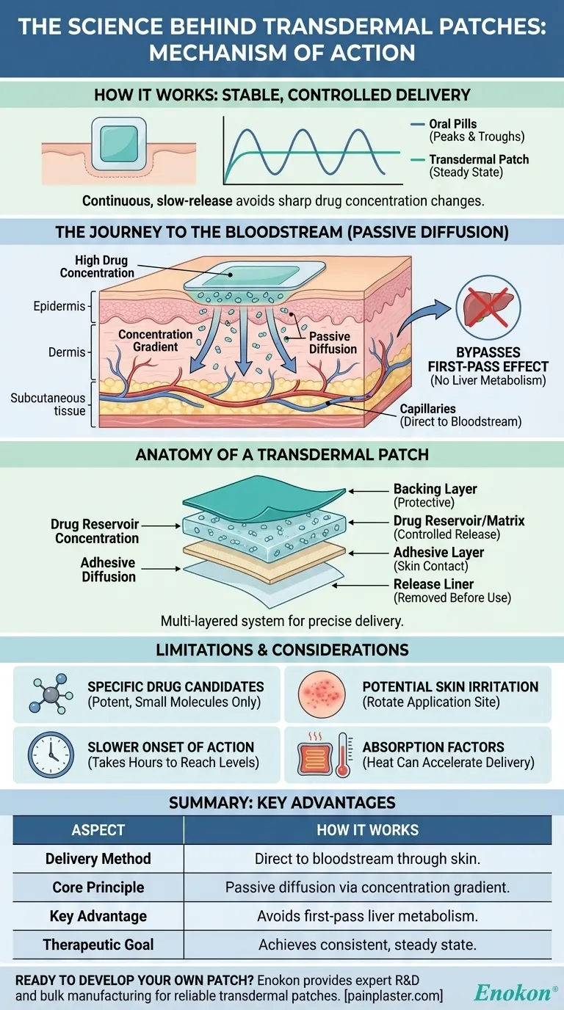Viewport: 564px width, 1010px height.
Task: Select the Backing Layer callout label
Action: point(435,495)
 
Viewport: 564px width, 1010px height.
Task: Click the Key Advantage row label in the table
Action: point(98,915)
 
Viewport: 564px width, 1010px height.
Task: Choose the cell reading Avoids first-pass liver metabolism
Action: point(367,915)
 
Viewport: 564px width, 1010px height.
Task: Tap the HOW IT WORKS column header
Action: point(367,830)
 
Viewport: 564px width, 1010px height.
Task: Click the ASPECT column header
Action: point(98,830)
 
